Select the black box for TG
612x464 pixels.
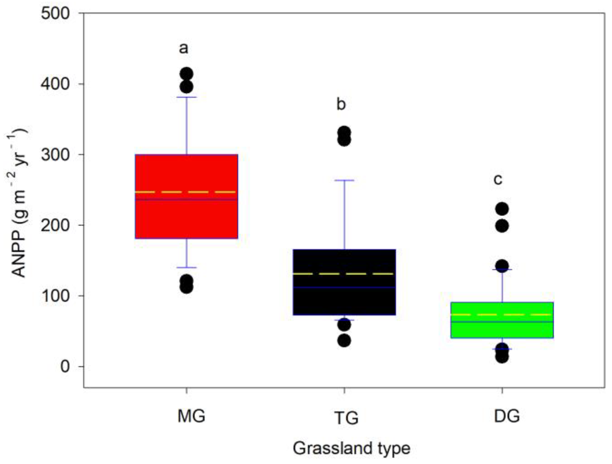coord(344,299)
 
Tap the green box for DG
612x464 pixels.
coord(502,329)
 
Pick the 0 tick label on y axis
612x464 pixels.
coord(65,367)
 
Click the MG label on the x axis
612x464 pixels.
coord(191,416)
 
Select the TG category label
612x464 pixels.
coord(347,418)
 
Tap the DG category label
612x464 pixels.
coord(507,416)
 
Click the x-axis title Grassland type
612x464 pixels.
coord(351,448)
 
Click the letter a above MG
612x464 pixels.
coord(184,48)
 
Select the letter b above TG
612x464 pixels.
coord(341,104)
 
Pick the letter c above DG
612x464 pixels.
coord(498,180)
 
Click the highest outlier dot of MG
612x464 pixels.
coord(186,74)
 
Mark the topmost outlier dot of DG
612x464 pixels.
coord(502,209)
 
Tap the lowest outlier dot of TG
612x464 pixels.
coord(344,341)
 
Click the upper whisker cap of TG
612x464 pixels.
coord(344,180)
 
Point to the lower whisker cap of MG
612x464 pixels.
coord(186,268)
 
